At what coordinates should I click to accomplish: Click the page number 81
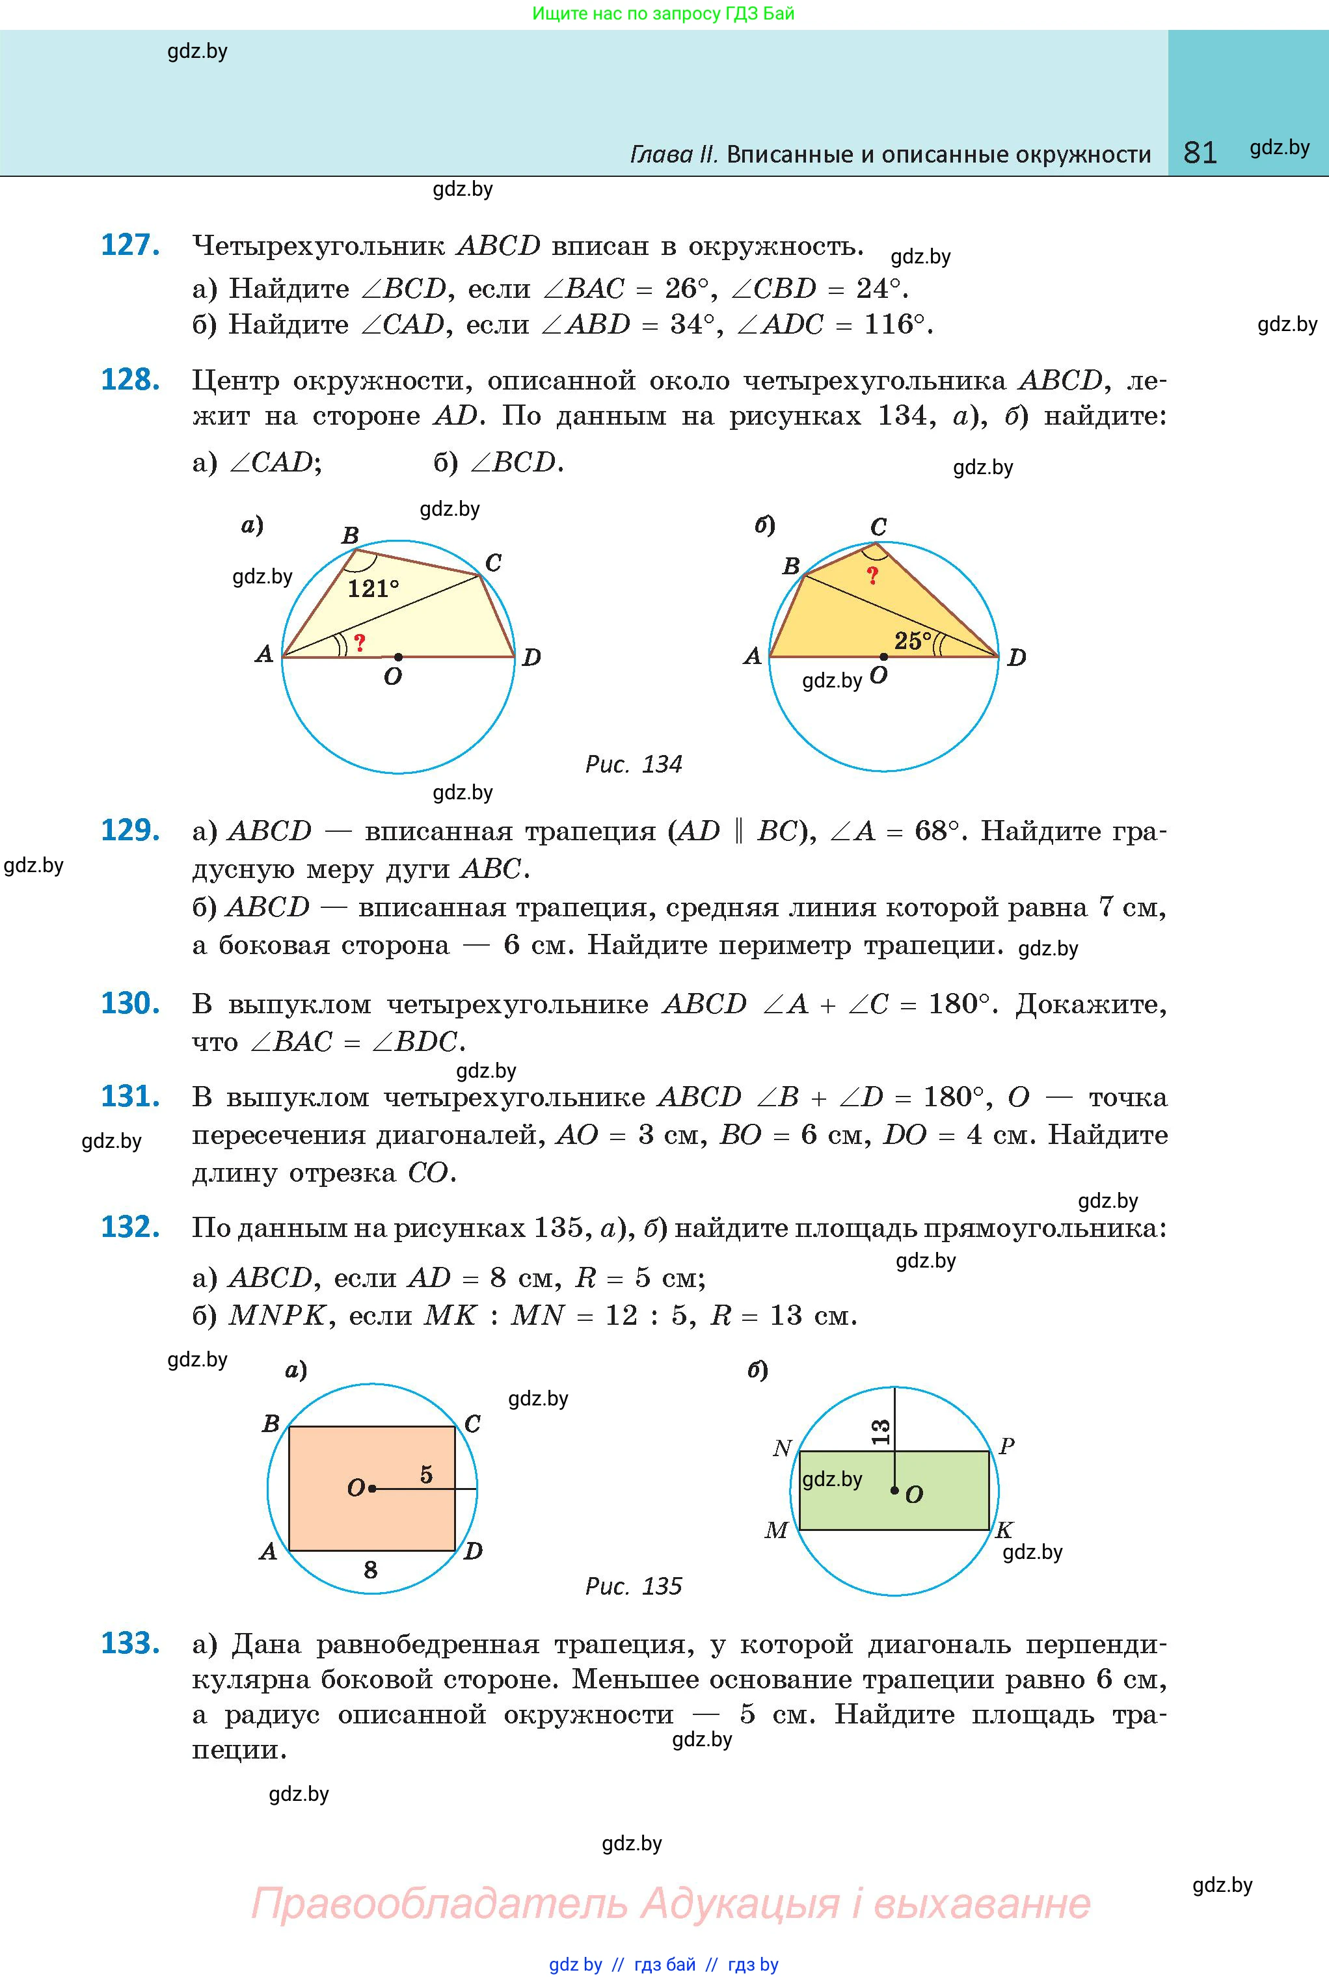(x=1200, y=153)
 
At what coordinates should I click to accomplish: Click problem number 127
(x=131, y=245)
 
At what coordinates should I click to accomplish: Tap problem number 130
(x=131, y=1004)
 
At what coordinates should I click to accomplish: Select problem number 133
(x=131, y=1643)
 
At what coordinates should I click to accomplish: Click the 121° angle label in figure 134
(x=373, y=588)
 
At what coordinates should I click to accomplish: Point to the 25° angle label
(x=913, y=641)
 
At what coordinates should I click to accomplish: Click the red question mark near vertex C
(x=872, y=576)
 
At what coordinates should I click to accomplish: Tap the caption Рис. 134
(x=633, y=764)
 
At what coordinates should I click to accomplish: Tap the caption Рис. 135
(x=633, y=1586)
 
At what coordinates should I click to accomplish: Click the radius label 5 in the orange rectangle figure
(x=426, y=1475)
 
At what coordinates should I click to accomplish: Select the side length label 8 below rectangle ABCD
(x=370, y=1570)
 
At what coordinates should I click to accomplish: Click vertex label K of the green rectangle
(x=1004, y=1530)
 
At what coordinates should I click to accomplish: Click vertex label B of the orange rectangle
(x=271, y=1424)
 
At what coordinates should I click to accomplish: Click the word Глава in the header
(x=674, y=154)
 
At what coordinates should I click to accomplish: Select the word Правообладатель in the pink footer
(x=439, y=1903)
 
